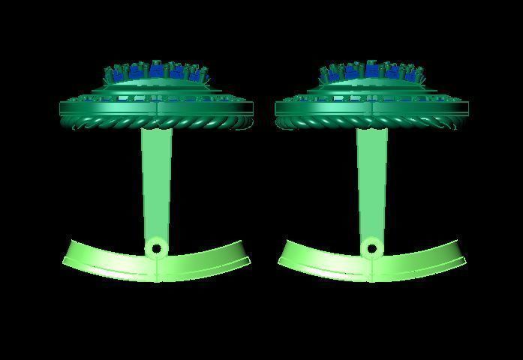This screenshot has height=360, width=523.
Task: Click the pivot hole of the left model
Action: [x=156, y=247]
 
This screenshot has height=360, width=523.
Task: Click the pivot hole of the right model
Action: [x=371, y=247]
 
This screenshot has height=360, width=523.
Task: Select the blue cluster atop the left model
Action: [x=156, y=72]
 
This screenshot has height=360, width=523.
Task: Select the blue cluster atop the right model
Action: [x=371, y=72]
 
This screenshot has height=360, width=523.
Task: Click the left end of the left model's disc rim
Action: [x=61, y=108]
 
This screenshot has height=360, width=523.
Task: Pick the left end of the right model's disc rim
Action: [x=277, y=108]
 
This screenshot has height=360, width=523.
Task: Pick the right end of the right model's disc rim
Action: [x=469, y=108]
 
